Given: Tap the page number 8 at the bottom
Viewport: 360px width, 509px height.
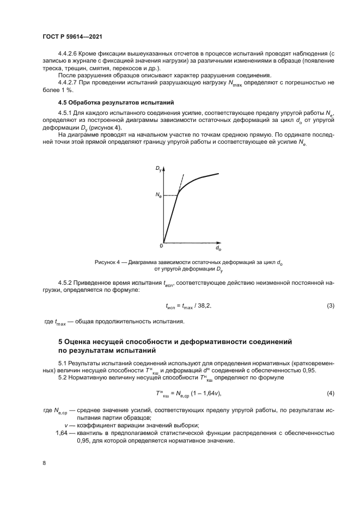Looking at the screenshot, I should click(44, 463).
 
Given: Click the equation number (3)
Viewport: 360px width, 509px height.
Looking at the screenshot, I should click(330, 306).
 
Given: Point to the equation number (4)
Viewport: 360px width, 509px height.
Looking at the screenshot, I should click(330, 393).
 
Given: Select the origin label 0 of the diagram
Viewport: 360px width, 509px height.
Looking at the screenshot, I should click(161, 245).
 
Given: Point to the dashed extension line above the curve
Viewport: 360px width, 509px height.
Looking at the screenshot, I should click(181, 182).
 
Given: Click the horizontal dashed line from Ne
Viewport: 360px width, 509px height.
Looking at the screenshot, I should click(170, 195).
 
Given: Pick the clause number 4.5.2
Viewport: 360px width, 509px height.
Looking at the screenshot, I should click(65, 283).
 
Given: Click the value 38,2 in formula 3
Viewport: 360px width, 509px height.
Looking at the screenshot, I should click(203, 306).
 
